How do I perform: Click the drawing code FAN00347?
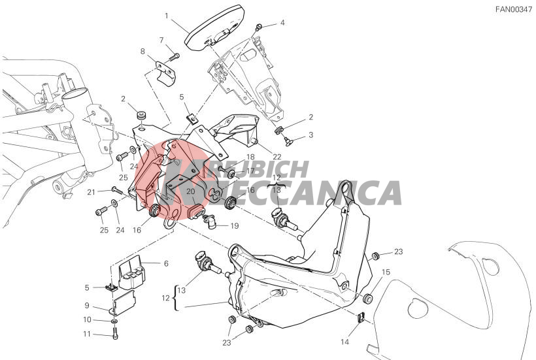(x=513, y=10)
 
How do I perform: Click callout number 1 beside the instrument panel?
(x=167, y=16)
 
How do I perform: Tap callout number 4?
(x=282, y=23)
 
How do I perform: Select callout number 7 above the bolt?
(x=161, y=41)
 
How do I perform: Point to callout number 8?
(x=142, y=52)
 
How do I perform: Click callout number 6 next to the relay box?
(x=166, y=263)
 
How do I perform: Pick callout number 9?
(x=87, y=306)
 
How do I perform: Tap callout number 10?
(x=87, y=319)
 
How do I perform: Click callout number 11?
(x=87, y=334)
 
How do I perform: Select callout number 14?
(x=344, y=342)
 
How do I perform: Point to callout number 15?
(x=386, y=272)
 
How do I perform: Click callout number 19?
(x=235, y=226)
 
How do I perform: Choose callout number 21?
(x=91, y=193)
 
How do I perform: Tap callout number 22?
(x=277, y=157)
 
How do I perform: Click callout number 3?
(x=310, y=135)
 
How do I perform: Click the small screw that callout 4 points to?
(x=259, y=26)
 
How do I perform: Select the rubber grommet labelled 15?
(x=368, y=298)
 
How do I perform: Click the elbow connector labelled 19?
(x=209, y=221)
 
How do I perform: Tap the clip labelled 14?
(x=361, y=318)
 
